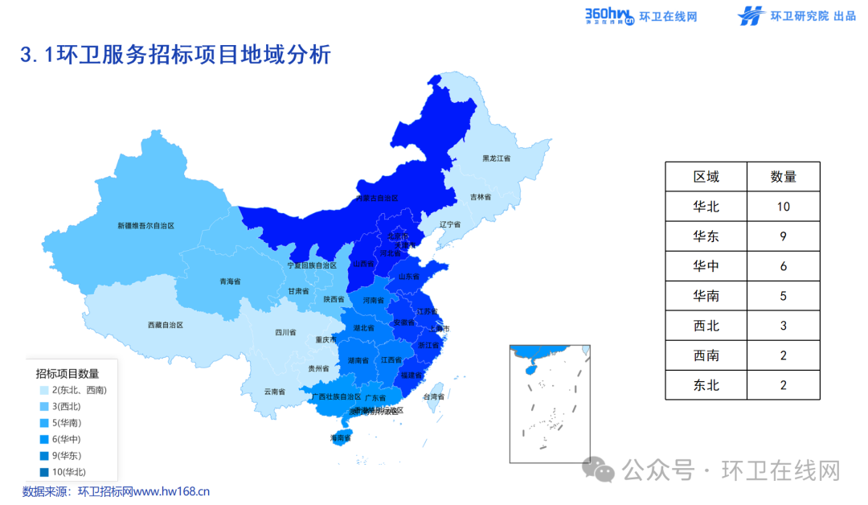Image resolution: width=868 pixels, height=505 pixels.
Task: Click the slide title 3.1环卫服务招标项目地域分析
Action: coord(175,55)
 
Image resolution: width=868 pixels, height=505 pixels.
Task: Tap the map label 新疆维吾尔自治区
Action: coord(145,226)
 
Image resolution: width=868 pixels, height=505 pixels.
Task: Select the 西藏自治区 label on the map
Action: coord(166,325)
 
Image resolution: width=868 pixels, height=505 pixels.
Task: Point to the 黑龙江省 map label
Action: coord(496,158)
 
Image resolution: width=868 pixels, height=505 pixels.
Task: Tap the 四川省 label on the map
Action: coord(285,332)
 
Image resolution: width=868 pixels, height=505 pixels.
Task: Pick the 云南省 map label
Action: coord(275,392)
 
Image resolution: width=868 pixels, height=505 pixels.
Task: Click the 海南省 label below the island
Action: coord(341,438)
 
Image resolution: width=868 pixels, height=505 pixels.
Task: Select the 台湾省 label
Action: coord(434,396)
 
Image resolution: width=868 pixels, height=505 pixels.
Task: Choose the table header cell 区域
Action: coord(706,177)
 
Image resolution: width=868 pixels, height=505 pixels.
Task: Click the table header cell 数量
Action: coord(783,177)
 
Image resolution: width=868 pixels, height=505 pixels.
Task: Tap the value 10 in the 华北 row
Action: coord(783,207)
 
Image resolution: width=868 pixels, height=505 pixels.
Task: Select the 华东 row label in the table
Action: coord(706,236)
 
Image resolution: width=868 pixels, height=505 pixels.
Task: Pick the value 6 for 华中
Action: coord(783,266)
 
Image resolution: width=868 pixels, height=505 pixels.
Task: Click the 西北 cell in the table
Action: coord(706,326)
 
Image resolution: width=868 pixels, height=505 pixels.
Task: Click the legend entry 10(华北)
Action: coord(68,472)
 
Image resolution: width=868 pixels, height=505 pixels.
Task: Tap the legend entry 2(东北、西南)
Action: coord(79,390)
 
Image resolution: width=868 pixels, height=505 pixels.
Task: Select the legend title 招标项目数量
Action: coord(68,373)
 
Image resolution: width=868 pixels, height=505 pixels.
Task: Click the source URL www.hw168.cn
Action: coord(170,491)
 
